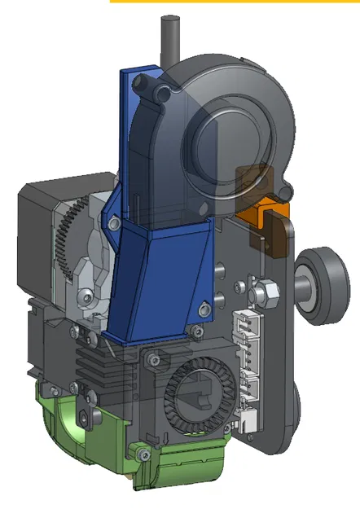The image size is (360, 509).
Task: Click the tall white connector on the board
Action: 244,334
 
